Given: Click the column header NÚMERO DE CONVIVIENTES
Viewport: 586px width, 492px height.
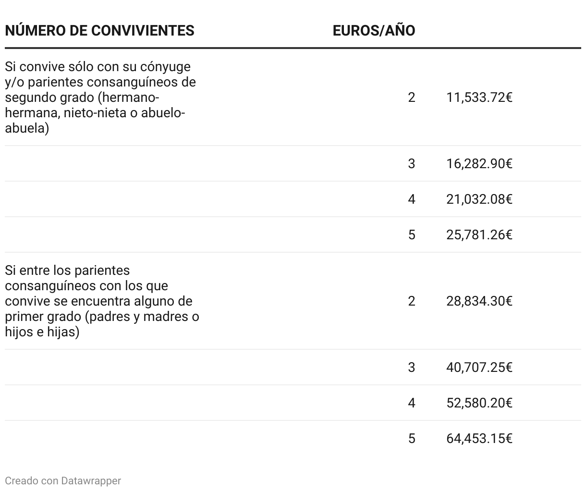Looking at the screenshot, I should pos(99,30).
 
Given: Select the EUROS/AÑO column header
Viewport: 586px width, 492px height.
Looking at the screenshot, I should pos(374,30).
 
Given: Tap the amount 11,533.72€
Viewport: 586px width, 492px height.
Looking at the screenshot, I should pos(479,98).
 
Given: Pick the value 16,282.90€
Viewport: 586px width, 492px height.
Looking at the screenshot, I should pos(479,164).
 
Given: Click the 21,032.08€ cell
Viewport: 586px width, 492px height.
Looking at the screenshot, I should pos(479,199).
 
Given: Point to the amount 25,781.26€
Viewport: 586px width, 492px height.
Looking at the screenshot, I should pos(479,235).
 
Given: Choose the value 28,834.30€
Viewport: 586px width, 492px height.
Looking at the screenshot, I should pos(479,301).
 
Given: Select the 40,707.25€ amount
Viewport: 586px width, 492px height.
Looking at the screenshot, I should pos(479,368).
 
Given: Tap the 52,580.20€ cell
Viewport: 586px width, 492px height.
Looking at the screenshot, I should pos(479,403).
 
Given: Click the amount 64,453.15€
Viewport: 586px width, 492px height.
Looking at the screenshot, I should pos(479,439).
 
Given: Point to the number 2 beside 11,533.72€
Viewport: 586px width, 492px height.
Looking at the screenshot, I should pos(411,98).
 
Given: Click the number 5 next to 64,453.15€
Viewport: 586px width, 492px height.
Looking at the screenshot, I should pos(411,439).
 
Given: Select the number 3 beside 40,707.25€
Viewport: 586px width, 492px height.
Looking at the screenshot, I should pos(411,368).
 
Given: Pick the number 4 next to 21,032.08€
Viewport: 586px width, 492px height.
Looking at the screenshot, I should pos(411,199).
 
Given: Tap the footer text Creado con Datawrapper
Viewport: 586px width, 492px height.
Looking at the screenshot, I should pos(63,480).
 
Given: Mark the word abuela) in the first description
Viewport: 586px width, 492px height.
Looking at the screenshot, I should pos(27,128).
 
